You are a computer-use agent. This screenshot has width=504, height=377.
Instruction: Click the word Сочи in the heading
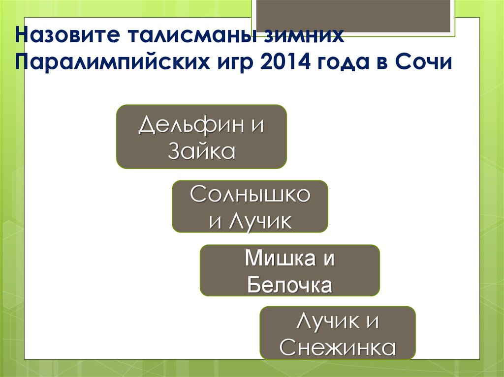point(426,63)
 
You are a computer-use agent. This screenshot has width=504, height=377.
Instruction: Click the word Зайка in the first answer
point(201,151)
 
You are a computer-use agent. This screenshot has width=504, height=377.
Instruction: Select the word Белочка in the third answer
point(289,285)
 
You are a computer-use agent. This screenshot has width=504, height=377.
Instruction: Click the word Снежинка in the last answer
point(338,348)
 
